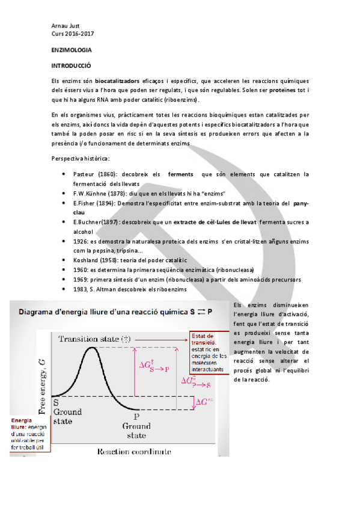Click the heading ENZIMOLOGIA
[71, 53]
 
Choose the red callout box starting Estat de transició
[208, 352]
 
